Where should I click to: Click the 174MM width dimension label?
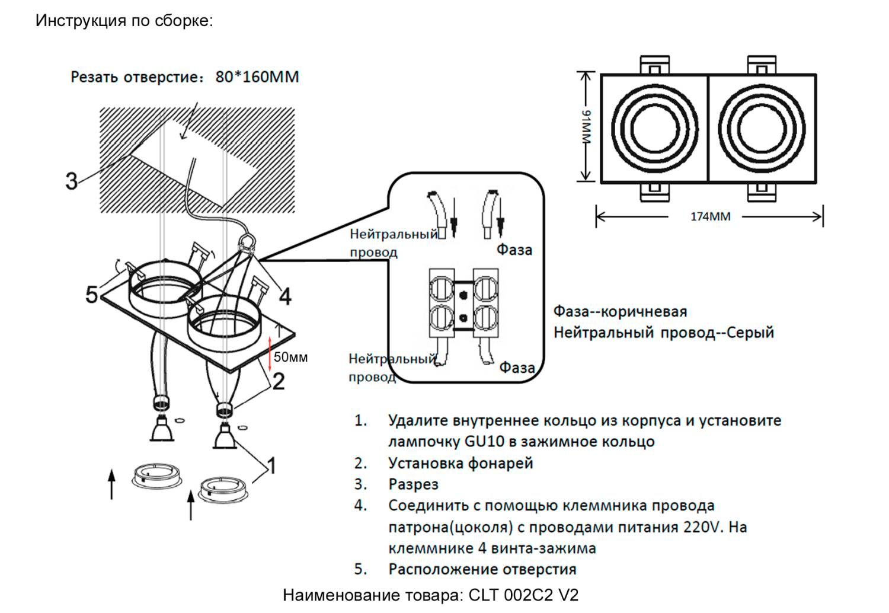pos(710,217)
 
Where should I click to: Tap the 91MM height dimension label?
pos(586,126)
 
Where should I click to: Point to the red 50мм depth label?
pos(290,357)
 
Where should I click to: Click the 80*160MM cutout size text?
pos(257,77)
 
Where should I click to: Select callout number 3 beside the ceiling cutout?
pos(72,181)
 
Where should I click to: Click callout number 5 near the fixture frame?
pos(92,294)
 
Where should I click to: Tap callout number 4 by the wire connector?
pos(285,296)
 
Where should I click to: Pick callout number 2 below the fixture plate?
pos(278,381)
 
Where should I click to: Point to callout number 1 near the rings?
pos(271,466)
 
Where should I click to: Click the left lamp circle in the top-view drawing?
pos(654,129)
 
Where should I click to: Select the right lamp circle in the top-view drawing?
pos(762,129)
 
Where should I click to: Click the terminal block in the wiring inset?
pos(463,304)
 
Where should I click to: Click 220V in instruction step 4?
pos(702,527)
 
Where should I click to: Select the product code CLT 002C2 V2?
pos(523,595)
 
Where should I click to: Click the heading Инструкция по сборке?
pos(124,21)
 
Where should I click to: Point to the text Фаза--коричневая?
pos(620,312)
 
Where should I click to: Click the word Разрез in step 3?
pos(413,484)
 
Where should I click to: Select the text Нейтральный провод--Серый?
pos(664,333)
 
